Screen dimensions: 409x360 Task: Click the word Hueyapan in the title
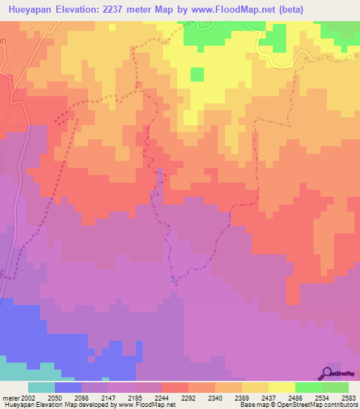(x=27, y=11)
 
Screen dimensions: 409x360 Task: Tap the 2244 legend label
(x=162, y=397)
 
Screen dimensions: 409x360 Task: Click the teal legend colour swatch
(x=41, y=387)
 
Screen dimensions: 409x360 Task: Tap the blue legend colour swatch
(x=67, y=387)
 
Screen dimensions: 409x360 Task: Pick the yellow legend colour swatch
(x=282, y=387)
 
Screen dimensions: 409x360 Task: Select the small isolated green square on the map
(x=197, y=74)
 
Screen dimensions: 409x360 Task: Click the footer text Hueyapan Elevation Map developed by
(x=59, y=405)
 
